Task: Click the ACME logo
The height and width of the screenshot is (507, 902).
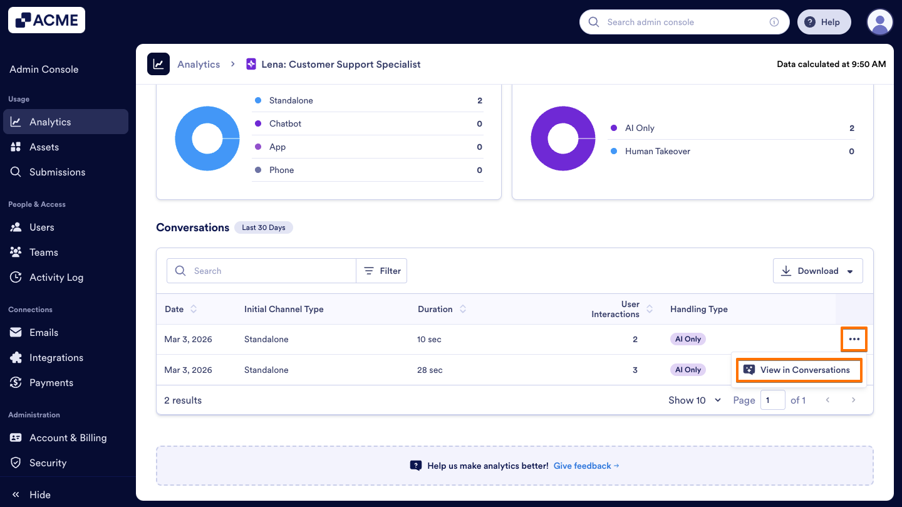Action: pyautogui.click(x=46, y=20)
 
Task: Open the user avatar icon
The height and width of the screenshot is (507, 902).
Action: pyautogui.click(x=879, y=22)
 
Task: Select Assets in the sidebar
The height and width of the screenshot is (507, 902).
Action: pyautogui.click(x=44, y=147)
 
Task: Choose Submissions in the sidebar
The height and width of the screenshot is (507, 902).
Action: pyautogui.click(x=57, y=172)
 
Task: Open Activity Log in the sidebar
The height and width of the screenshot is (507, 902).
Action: pyautogui.click(x=56, y=277)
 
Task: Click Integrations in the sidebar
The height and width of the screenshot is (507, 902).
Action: pyautogui.click(x=56, y=357)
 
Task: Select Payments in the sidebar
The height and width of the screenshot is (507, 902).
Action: pyautogui.click(x=51, y=382)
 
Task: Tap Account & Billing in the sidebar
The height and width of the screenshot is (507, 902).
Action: pyautogui.click(x=68, y=437)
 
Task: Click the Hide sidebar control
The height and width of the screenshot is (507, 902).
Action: pyautogui.click(x=31, y=494)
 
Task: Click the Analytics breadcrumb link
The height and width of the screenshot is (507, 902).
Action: pyautogui.click(x=199, y=64)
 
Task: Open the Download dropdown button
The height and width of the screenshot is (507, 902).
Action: pyautogui.click(x=817, y=271)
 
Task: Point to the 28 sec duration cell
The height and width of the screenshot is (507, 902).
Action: pyautogui.click(x=430, y=370)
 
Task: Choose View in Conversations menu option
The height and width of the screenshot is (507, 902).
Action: pyautogui.click(x=799, y=370)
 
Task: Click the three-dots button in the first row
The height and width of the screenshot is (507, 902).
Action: pyautogui.click(x=854, y=339)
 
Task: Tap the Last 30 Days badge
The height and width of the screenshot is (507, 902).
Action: pyautogui.click(x=263, y=227)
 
